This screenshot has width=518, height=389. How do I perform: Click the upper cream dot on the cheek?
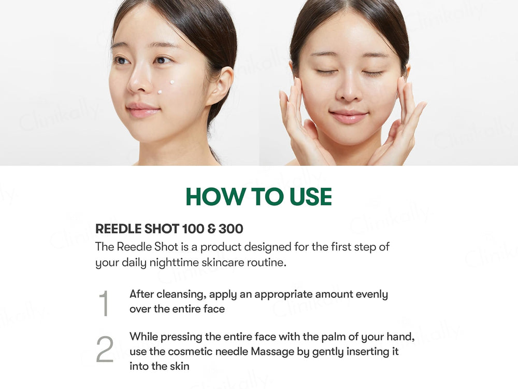point(172,82)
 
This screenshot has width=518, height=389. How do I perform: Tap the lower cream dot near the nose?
point(160,92)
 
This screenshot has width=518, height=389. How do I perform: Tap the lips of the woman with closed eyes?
point(349,116)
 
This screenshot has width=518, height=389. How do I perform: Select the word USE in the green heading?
point(310,197)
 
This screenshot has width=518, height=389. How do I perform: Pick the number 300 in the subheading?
point(231,229)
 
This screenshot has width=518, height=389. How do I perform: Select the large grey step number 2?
point(105,349)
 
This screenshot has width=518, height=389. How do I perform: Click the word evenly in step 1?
point(371,295)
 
